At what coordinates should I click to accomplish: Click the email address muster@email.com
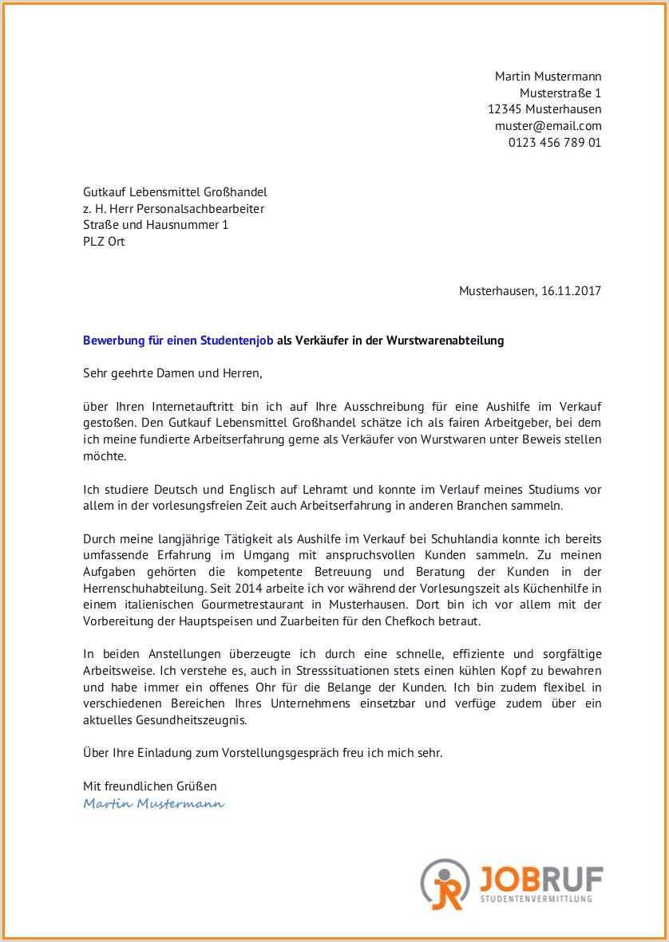tap(548, 126)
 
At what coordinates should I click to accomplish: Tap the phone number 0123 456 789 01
tap(554, 143)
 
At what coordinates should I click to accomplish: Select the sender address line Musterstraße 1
tap(560, 93)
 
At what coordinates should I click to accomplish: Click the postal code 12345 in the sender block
tap(505, 109)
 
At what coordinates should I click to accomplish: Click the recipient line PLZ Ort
tap(104, 242)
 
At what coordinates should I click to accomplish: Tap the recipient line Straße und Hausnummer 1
tap(156, 225)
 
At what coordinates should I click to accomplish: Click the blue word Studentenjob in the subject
tap(238, 341)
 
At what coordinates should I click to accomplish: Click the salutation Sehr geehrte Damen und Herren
tap(172, 372)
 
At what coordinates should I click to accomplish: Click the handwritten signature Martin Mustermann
tap(153, 803)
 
